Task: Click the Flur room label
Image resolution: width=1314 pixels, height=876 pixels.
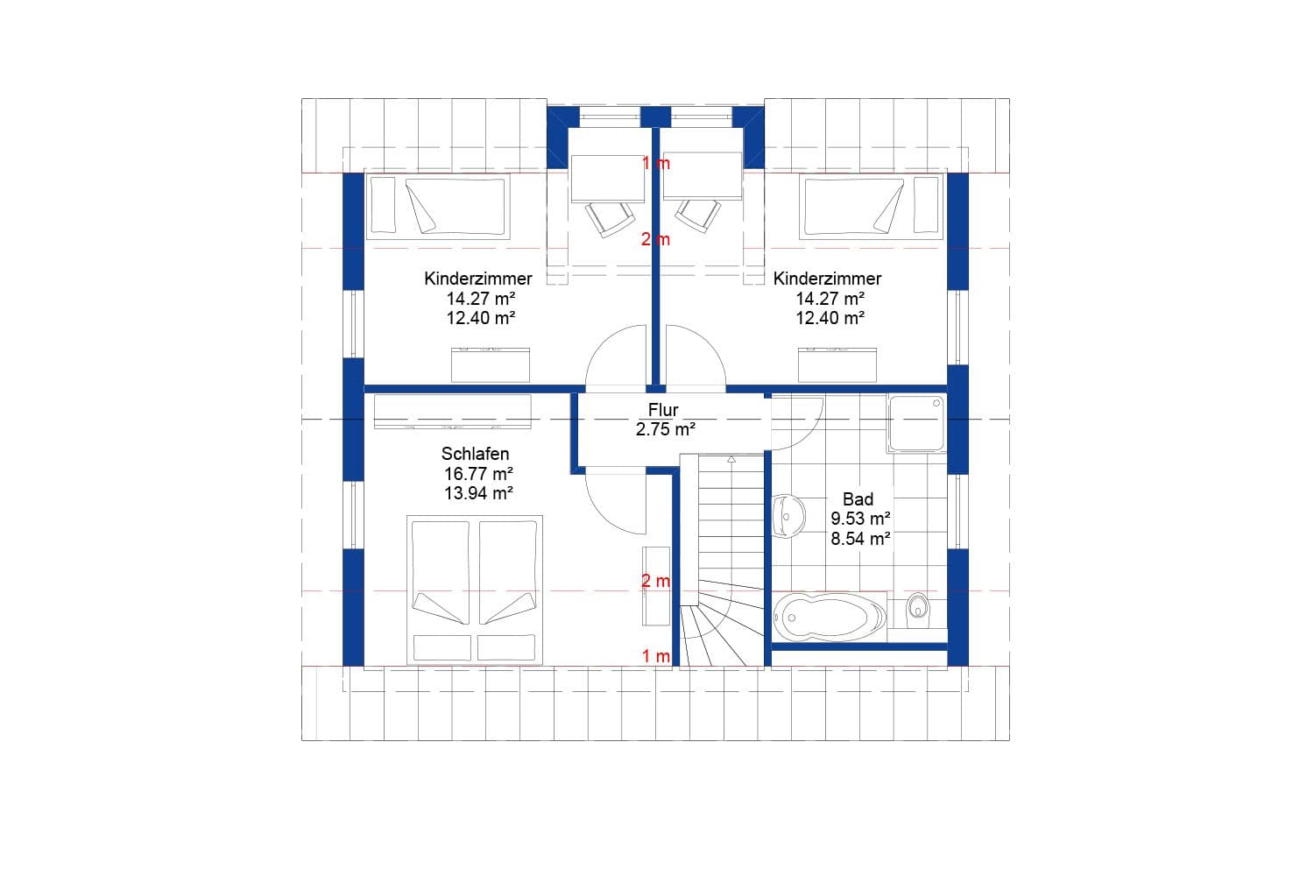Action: click(663, 410)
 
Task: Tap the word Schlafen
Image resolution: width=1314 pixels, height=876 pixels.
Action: click(475, 454)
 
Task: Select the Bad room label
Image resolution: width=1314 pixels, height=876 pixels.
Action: click(858, 498)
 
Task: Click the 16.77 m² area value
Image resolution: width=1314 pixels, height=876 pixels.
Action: click(477, 474)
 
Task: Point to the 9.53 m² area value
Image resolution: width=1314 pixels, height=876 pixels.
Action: click(860, 519)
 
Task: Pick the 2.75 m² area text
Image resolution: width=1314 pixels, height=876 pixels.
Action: click(665, 429)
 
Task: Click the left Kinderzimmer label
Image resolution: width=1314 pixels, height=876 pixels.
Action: click(477, 279)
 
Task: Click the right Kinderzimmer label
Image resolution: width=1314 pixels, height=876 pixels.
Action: click(827, 279)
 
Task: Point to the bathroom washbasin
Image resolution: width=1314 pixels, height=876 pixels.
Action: click(788, 514)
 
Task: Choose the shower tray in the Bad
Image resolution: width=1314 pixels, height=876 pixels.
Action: click(916, 424)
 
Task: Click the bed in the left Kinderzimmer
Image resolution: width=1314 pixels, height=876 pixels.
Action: click(438, 207)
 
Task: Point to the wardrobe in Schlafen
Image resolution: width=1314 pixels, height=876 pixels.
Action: click(452, 412)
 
